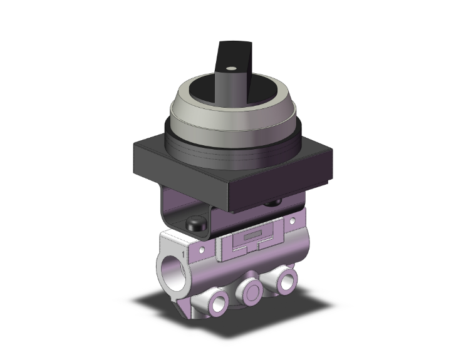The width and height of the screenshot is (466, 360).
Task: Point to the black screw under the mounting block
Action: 273,203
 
